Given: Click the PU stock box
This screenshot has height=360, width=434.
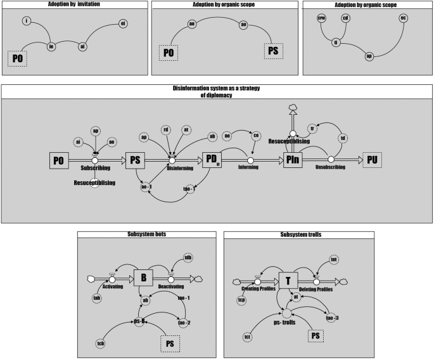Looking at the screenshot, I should pos(373,161).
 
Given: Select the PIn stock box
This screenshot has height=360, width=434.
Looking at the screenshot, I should pos(294,161).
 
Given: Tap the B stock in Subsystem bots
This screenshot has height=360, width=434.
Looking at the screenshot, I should pos(144,278).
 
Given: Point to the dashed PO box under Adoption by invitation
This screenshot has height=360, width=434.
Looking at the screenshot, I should pos(18,59).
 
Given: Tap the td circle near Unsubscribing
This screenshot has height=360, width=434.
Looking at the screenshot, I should pos(342,138).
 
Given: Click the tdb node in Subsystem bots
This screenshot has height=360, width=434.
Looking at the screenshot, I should pos(188,257).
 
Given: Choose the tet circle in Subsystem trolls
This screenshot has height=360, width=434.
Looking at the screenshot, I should pos(334,259).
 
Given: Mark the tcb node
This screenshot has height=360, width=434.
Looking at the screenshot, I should pos(100,344).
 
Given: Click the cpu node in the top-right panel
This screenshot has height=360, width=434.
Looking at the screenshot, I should pos(321,18).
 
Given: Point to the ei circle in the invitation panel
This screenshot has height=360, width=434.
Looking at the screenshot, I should pos(123,25).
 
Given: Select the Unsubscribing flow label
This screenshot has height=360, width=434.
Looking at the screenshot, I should pos(331,169).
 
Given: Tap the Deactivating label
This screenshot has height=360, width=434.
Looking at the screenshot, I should pos(170,286).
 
